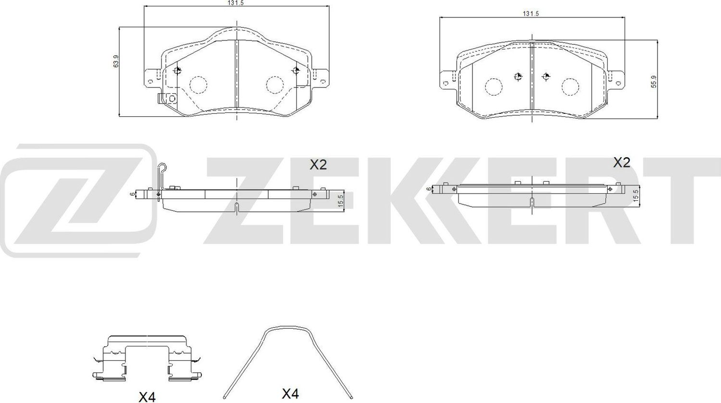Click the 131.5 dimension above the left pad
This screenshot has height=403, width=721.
(x=235, y=3)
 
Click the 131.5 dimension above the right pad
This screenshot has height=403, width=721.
(x=531, y=14)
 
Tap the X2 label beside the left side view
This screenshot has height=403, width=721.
(x=318, y=165)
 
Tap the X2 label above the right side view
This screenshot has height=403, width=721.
(x=621, y=163)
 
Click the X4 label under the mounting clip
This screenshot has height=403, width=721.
(x=147, y=397)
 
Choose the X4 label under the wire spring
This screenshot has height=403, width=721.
(x=290, y=394)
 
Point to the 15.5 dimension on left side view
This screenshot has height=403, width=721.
(x=340, y=199)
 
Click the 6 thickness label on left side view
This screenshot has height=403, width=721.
(x=131, y=194)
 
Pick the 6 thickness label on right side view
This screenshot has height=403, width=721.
(x=429, y=189)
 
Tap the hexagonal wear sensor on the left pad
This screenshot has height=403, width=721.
(x=172, y=98)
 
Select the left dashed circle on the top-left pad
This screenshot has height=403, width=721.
(x=198, y=85)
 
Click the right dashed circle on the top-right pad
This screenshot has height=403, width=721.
(x=570, y=86)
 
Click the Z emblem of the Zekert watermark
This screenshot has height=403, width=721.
(x=77, y=199)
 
